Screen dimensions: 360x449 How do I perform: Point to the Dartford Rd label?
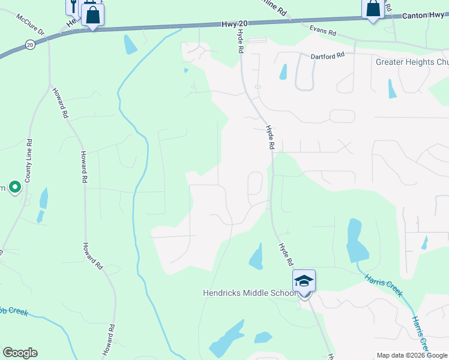point(327,55)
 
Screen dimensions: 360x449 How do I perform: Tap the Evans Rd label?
point(322,29)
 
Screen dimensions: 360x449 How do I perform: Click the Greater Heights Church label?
point(412,62)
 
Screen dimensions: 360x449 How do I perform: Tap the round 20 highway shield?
point(30,44)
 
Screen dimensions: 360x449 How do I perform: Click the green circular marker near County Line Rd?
point(14,188)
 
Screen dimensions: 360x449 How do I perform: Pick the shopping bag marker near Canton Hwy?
point(373,10)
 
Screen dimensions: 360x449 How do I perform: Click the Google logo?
point(20,353)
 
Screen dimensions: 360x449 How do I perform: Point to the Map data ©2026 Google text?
point(412,355)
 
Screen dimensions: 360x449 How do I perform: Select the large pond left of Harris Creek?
point(355,240)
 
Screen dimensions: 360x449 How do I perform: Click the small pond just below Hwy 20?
point(130,45)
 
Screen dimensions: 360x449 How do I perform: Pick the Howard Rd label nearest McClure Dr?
point(59,102)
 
